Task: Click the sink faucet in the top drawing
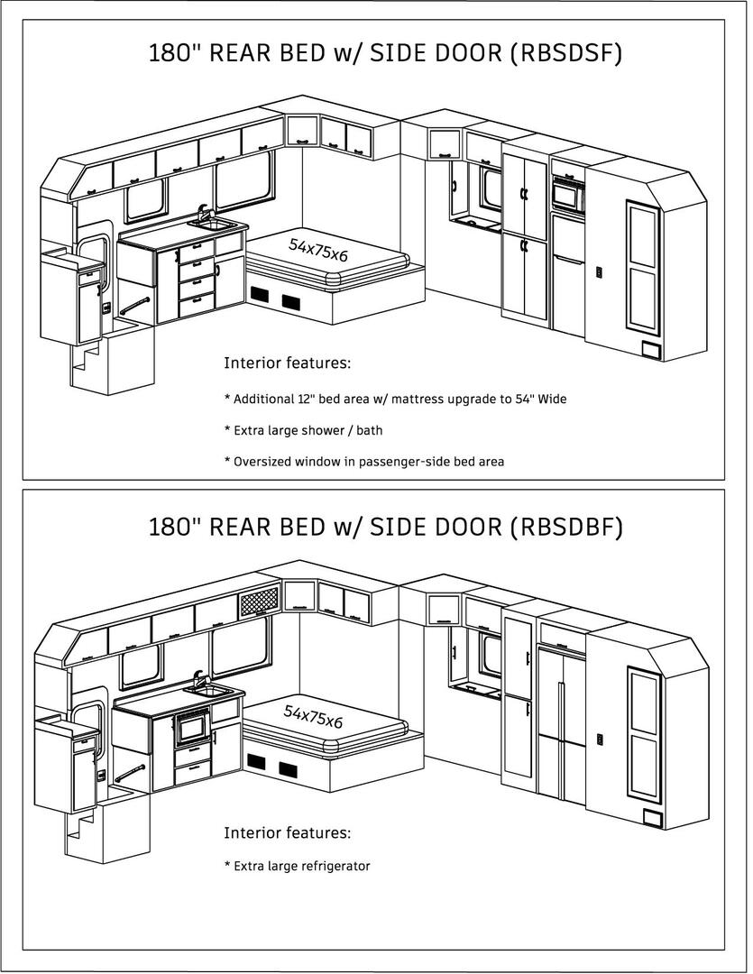(203, 213)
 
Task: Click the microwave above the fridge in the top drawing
(567, 194)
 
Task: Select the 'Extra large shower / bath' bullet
(303, 430)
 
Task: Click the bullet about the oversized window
(364, 462)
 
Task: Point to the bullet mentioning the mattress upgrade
(395, 399)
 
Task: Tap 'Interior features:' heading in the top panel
(287, 363)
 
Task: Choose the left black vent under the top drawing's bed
(259, 295)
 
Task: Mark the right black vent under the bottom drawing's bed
(288, 769)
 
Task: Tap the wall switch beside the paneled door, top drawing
(600, 272)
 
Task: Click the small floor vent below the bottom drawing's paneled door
(652, 817)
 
